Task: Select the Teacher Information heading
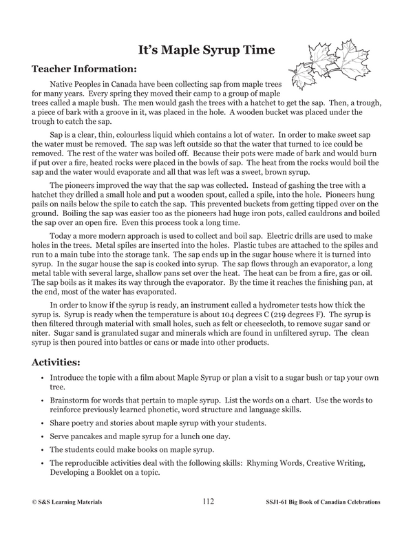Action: click(84, 70)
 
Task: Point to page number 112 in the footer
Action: click(209, 502)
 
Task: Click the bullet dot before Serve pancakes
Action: click(42, 436)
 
